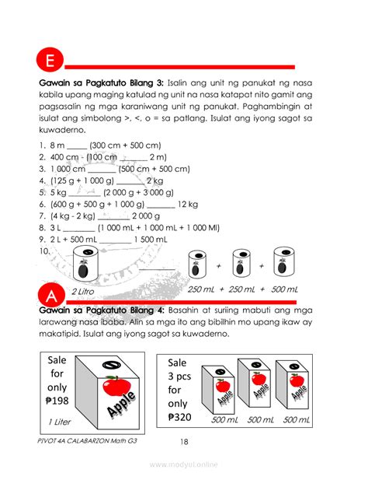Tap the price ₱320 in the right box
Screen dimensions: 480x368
click(179, 417)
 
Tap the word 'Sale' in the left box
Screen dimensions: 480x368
click(57, 360)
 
